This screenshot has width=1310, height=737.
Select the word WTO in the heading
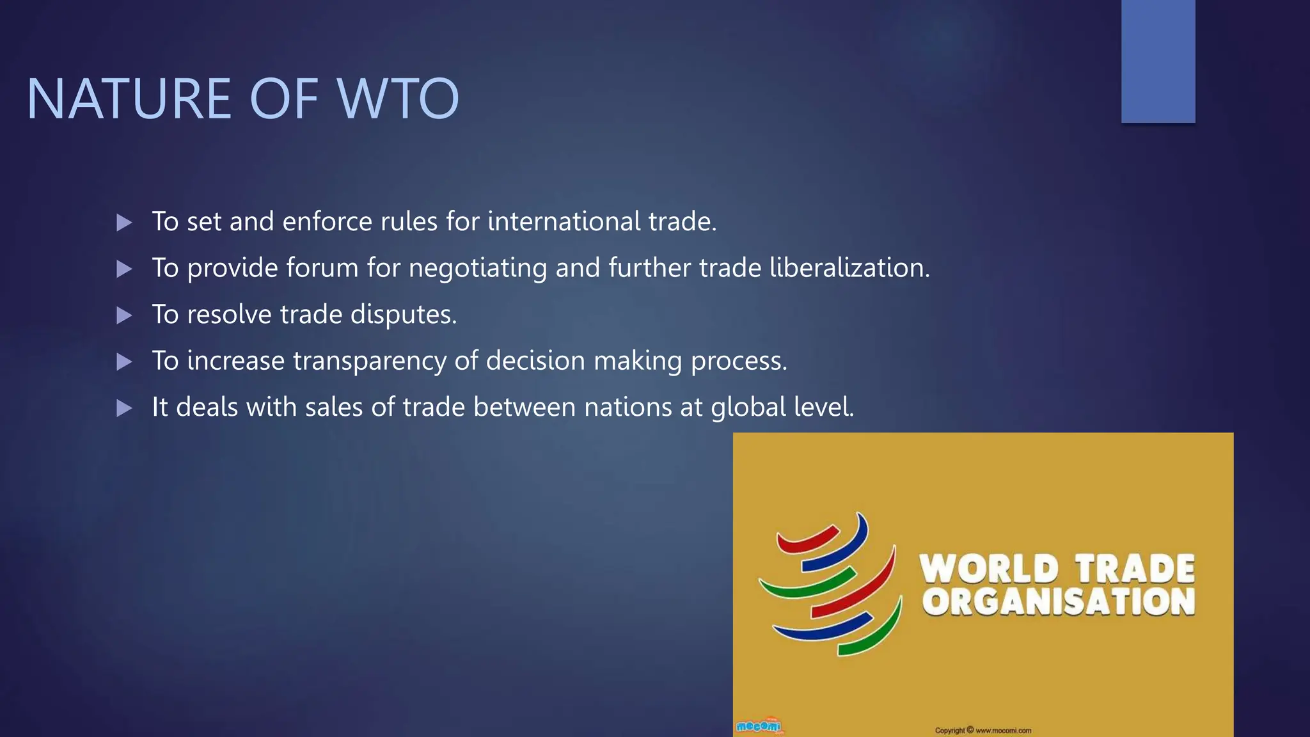point(398,99)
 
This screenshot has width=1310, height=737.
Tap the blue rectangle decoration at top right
point(1158,61)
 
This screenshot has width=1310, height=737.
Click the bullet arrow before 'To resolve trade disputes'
point(124,315)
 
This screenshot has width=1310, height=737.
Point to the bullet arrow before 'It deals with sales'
point(124,408)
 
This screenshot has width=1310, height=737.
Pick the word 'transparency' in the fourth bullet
point(370,361)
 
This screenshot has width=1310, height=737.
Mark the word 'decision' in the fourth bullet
point(535,361)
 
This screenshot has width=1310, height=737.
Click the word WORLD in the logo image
point(988,569)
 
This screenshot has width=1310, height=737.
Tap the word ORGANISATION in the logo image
point(1059,602)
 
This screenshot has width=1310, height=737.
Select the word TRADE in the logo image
point(1134,569)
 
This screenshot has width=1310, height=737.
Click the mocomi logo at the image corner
point(759,726)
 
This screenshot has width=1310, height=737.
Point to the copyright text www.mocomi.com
point(1003,730)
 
